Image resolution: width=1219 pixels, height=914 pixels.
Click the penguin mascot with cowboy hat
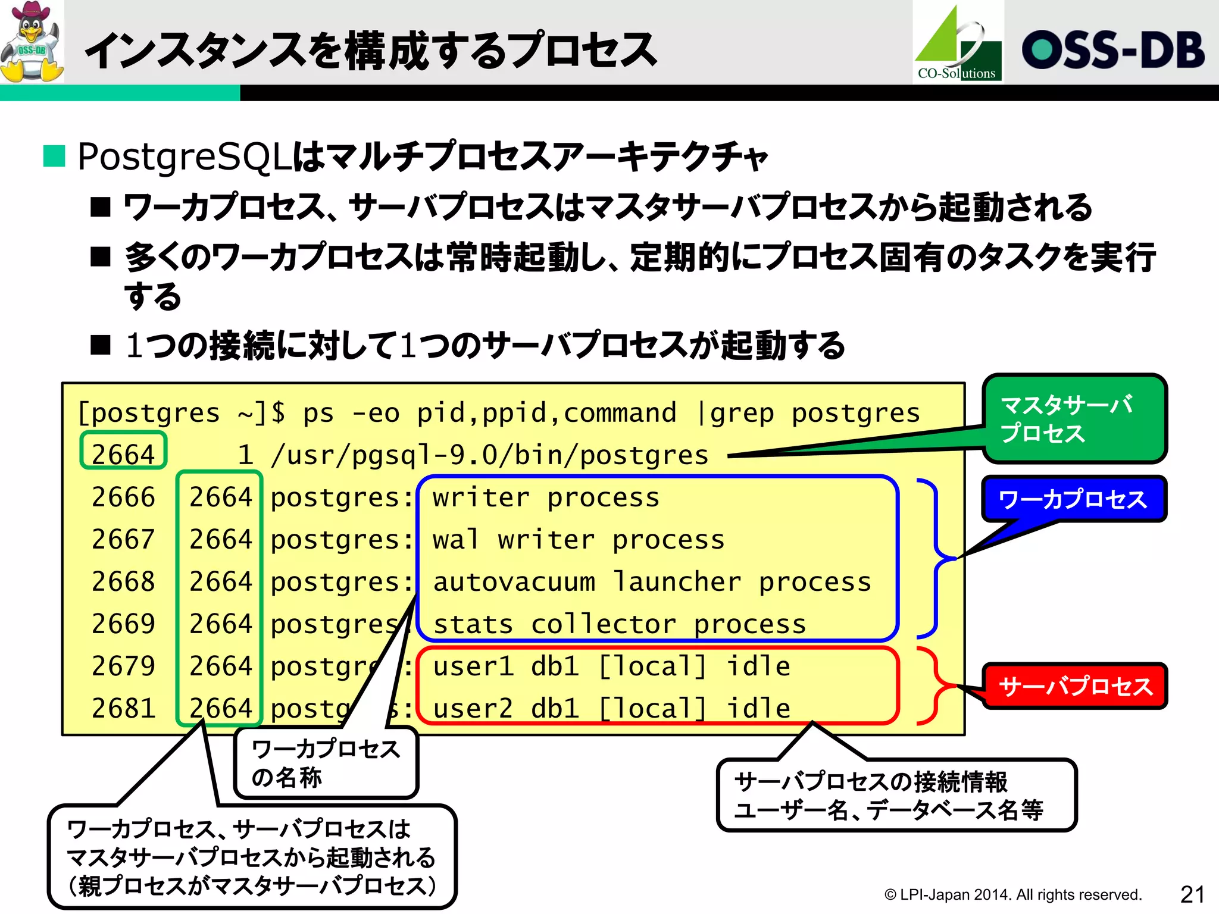point(32,42)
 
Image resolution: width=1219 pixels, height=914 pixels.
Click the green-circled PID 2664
point(123,454)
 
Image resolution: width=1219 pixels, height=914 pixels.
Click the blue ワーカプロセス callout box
point(1073,499)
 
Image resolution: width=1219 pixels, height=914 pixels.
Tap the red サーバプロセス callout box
point(1075,686)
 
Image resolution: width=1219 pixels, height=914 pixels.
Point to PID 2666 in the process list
point(123,497)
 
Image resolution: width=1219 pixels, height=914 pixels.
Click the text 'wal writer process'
point(579,540)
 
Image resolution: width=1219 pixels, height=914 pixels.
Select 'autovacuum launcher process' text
point(652,582)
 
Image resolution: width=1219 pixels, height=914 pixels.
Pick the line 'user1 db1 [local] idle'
point(611,666)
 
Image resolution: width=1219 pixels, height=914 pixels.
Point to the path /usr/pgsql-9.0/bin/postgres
point(489,455)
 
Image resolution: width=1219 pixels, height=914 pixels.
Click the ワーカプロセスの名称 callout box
point(326,763)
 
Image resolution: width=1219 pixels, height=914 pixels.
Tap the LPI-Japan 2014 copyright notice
point(1012,894)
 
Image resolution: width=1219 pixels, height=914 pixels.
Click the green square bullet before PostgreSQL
point(54,156)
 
